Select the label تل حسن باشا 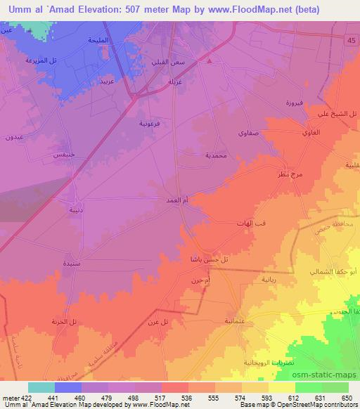205,260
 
